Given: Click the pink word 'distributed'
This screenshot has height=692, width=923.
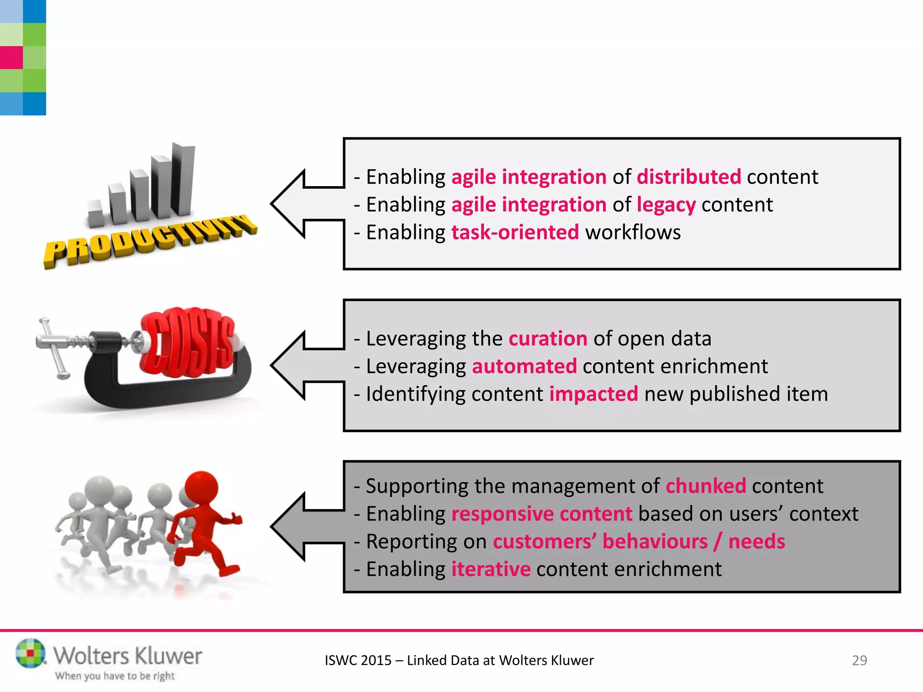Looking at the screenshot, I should click(689, 177).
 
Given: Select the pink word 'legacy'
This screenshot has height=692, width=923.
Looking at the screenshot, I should click(666, 205).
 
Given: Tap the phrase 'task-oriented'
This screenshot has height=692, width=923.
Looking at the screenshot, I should click(515, 232).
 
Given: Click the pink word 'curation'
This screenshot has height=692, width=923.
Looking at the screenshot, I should click(548, 338).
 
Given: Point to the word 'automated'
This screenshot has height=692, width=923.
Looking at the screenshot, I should click(524, 366).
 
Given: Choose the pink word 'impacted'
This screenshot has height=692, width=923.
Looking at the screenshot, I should click(593, 394).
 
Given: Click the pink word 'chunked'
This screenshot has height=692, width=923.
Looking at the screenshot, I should click(705, 486).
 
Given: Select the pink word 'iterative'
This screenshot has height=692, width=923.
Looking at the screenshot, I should click(491, 569).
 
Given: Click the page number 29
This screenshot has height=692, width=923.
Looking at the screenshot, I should click(859, 660).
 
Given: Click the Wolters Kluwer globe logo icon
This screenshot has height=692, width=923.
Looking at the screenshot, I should click(30, 653).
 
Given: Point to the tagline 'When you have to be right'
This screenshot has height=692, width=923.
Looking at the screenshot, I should click(114, 676).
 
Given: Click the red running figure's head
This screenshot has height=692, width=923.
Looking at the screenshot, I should click(201, 489).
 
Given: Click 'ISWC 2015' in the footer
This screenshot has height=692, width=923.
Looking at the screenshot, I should click(358, 660).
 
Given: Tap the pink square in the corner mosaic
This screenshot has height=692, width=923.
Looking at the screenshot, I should click(11, 58).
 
